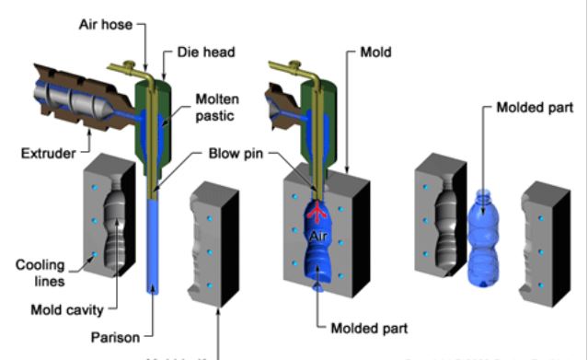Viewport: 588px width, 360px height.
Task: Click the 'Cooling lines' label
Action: coord(40,273)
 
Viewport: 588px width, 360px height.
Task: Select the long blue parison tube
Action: coord(150,249)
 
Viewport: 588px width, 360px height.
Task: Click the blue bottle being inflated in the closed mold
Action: coord(318,253)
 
